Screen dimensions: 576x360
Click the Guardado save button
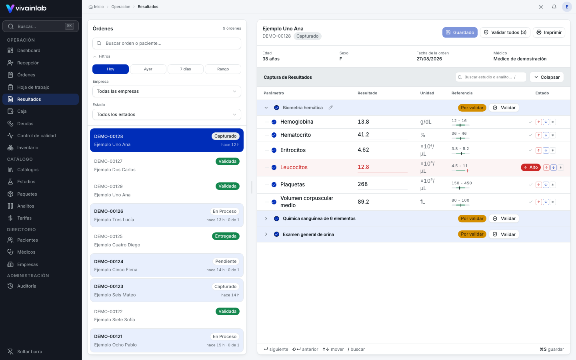click(460, 32)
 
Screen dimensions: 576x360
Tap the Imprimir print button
click(549, 32)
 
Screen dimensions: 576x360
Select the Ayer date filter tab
click(148, 69)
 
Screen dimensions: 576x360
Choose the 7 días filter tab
click(186, 69)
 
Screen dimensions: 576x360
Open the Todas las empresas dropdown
click(167, 91)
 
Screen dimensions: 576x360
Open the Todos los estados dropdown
click(167, 114)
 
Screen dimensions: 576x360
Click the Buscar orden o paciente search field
click(167, 43)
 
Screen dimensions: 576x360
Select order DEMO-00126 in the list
click(167, 215)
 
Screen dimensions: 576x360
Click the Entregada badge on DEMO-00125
click(226, 236)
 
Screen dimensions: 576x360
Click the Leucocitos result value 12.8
click(363, 167)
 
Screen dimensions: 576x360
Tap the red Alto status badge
click(531, 167)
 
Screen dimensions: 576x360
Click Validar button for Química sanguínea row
click(504, 218)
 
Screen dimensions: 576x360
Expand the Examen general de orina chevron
click(266, 234)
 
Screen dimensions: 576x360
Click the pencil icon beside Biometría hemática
click(331, 108)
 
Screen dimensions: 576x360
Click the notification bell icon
click(554, 7)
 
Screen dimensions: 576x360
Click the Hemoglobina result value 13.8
click(363, 122)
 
